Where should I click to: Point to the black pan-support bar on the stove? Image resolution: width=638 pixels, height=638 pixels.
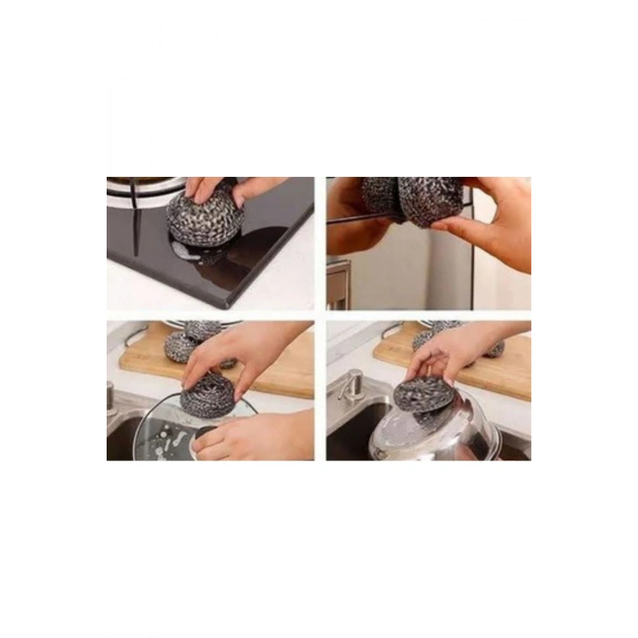tap(133, 219)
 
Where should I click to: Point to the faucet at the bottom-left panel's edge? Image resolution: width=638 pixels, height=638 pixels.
tap(108, 396)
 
